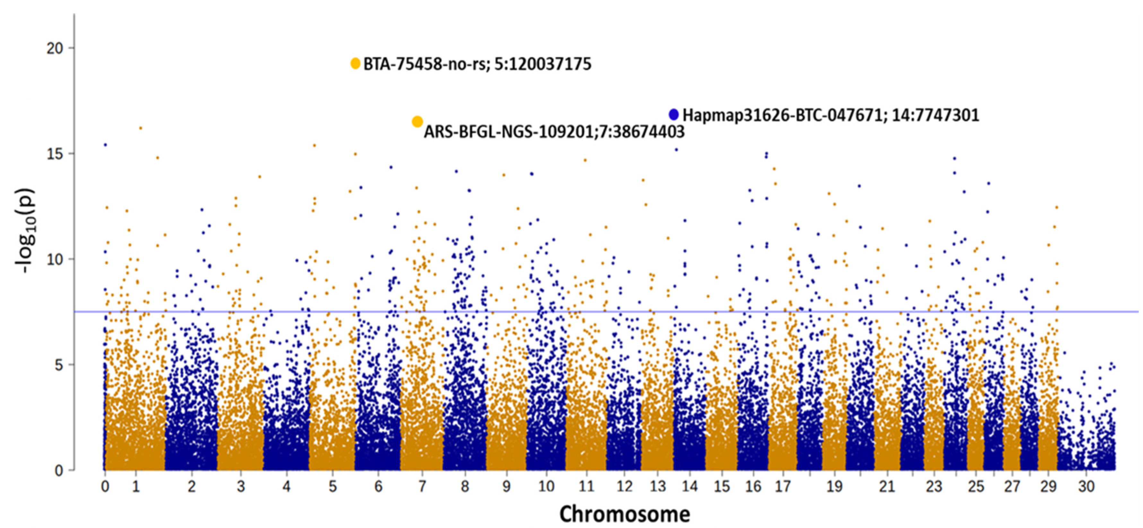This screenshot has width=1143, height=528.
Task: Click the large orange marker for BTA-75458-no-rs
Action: tap(355, 64)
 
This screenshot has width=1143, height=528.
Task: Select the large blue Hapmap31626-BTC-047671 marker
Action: tap(674, 115)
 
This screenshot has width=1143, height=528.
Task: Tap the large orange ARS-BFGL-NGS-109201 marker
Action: tap(417, 122)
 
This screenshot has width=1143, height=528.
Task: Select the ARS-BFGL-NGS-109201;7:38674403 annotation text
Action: tap(554, 132)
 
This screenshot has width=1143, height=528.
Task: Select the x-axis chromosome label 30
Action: tap(1086, 487)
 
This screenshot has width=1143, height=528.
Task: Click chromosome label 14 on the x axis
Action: tap(690, 487)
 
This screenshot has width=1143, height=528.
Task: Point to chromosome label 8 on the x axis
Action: tap(465, 487)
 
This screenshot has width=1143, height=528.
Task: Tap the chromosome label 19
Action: tap(834, 487)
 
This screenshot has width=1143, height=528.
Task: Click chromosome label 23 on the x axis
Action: tap(934, 487)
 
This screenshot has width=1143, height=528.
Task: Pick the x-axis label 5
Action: tap(333, 487)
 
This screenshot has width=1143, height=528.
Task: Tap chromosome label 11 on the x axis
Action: tap(586, 487)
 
